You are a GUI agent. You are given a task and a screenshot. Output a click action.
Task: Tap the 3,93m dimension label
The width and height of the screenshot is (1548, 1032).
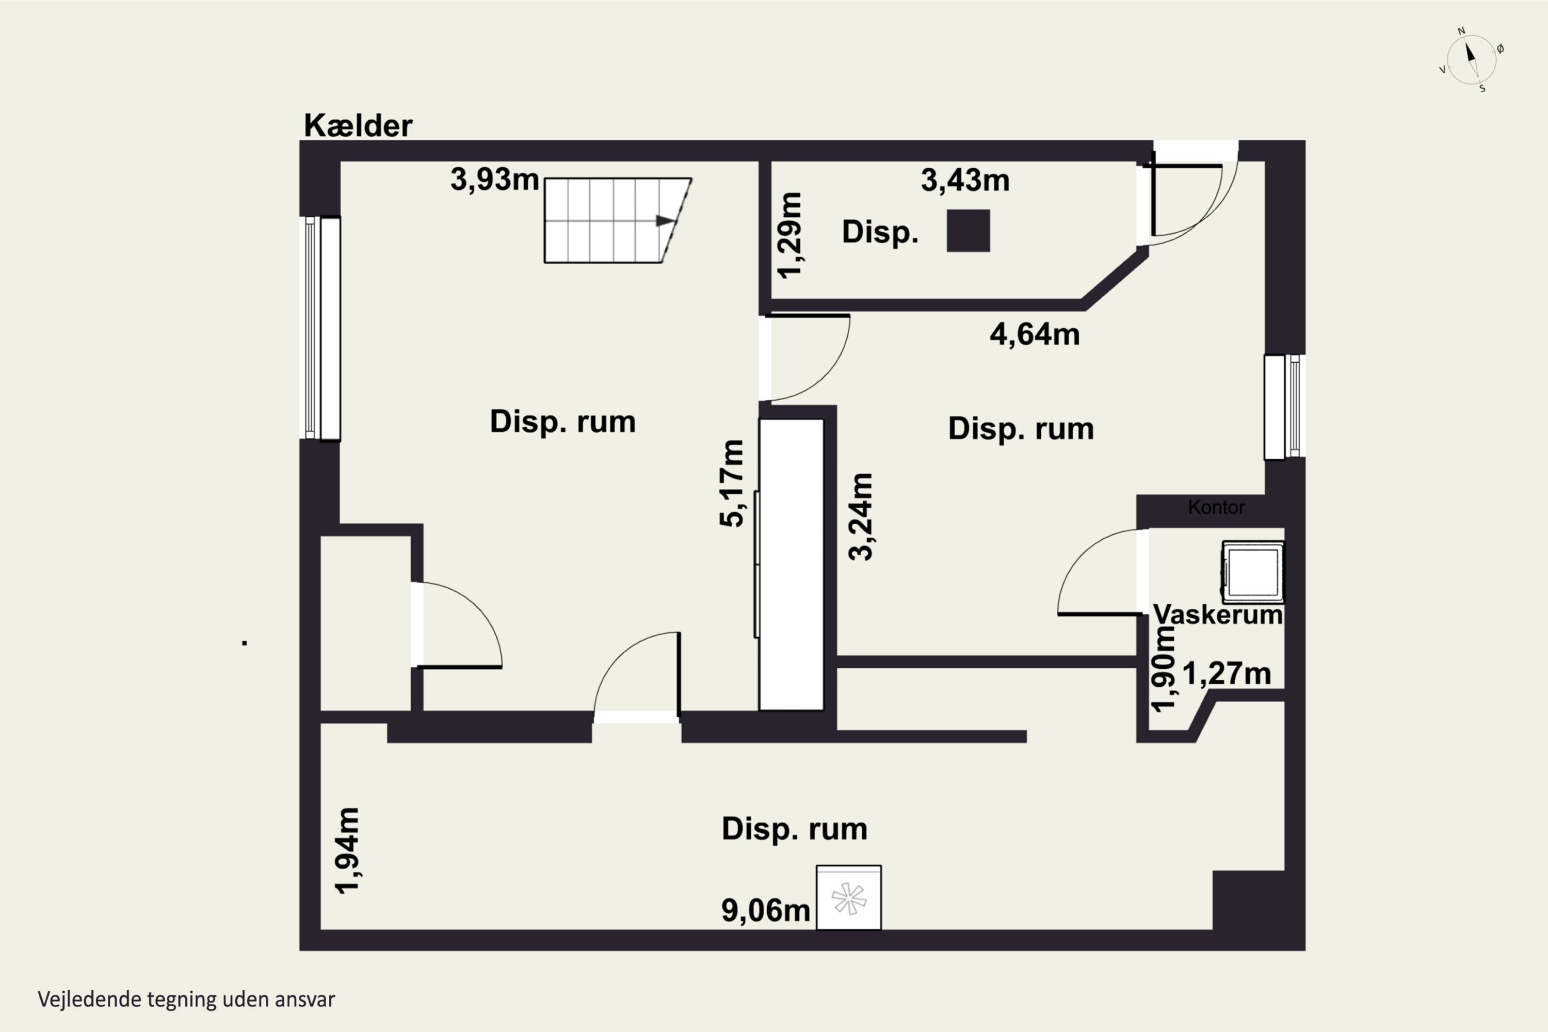point(495,179)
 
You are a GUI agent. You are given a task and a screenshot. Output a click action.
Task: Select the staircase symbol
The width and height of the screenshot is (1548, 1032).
point(617,220)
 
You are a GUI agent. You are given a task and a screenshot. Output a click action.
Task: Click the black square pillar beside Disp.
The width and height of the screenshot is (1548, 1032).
point(968,230)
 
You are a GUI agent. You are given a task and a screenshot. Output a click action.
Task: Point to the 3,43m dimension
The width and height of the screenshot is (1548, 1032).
point(965,180)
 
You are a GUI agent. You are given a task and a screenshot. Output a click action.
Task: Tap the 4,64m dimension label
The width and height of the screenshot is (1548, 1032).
point(1035,334)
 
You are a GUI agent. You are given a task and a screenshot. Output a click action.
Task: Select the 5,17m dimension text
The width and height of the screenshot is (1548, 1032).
point(731,483)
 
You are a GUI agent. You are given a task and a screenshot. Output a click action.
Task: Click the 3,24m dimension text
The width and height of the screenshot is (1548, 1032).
point(860,517)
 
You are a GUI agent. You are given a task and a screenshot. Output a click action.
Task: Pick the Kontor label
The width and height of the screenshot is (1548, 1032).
point(1216,507)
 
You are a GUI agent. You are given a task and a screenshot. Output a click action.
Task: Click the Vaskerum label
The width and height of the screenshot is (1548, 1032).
point(1218,615)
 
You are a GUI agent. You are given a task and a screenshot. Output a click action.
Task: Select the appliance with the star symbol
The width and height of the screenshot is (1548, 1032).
point(849,898)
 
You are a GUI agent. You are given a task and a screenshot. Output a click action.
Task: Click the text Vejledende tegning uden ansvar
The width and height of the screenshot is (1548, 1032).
point(186,999)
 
